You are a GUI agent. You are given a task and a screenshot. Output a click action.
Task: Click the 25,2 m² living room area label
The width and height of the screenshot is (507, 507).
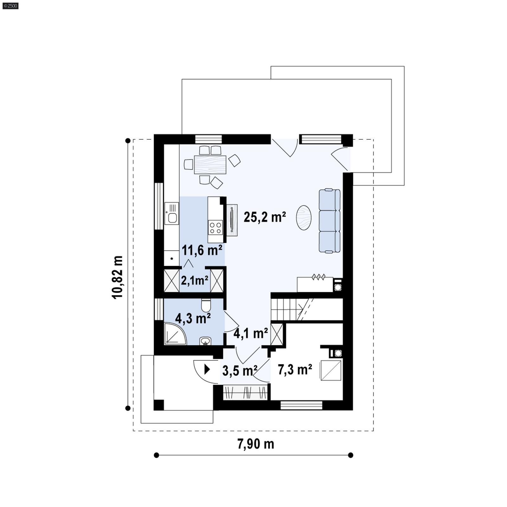(x=265, y=217)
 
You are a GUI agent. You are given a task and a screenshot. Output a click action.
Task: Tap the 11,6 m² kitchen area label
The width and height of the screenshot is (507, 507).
(x=202, y=250)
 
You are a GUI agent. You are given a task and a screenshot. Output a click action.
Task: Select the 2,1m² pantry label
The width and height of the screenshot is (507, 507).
(x=195, y=280)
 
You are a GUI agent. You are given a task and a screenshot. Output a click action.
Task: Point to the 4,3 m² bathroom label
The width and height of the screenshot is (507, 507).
(x=193, y=318)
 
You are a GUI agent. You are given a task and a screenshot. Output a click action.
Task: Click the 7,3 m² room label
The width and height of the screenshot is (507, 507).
(x=295, y=369)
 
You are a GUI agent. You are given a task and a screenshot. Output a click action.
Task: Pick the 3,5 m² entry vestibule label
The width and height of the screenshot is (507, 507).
(x=239, y=370)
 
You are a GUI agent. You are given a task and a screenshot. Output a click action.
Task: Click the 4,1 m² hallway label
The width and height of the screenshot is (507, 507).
(x=250, y=333)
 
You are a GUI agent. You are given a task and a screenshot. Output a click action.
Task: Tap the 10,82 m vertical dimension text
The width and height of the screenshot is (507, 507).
(x=117, y=277)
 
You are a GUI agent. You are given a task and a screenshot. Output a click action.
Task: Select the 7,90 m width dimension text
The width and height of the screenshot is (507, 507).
(x=255, y=444)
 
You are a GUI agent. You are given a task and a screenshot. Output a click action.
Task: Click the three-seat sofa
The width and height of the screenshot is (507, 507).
(x=330, y=221)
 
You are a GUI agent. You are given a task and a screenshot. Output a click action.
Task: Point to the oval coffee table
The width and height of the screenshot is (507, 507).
(x=304, y=217)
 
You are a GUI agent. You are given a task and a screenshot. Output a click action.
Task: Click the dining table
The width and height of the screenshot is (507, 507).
(x=210, y=164)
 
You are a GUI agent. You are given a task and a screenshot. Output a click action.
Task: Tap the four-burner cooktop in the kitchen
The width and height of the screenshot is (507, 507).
(x=215, y=228)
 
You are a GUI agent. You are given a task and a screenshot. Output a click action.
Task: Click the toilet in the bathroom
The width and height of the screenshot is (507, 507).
(x=206, y=305)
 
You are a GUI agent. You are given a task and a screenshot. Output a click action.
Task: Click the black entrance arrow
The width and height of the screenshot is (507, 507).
(x=207, y=369)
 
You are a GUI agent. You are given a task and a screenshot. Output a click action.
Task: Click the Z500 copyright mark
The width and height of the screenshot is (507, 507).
(x=10, y=5)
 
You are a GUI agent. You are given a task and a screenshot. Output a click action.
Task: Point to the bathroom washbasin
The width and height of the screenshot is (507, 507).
(x=205, y=341)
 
